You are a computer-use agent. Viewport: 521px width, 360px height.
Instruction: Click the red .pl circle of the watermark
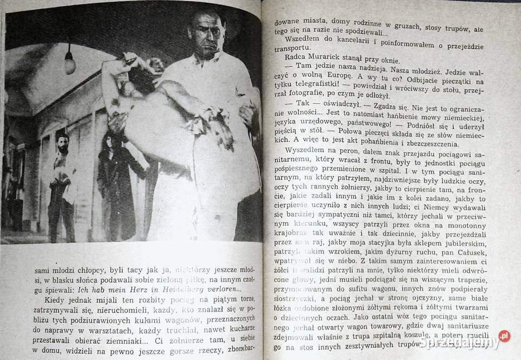click(x=504, y=336)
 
